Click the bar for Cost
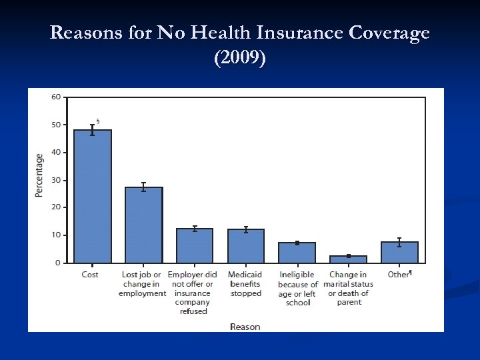pyautogui.click(x=92, y=197)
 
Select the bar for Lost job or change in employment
pyautogui.click(x=143, y=225)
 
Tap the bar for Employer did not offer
pyautogui.click(x=195, y=246)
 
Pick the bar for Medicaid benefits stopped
pyautogui.click(x=245, y=246)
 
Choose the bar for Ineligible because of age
pyautogui.click(x=297, y=253)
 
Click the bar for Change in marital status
pyautogui.click(x=348, y=259)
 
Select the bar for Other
pyautogui.click(x=399, y=253)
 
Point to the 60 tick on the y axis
pyautogui.click(x=56, y=97)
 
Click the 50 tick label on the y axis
pyautogui.click(x=56, y=125)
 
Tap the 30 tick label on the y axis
pyautogui.click(x=56, y=180)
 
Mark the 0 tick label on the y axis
pyautogui.click(x=58, y=263)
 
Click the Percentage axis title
pyautogui.click(x=39, y=175)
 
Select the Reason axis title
pyautogui.click(x=245, y=326)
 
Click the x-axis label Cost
pyautogui.click(x=90, y=275)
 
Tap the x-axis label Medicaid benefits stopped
pyautogui.click(x=245, y=284)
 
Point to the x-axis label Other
pyautogui.click(x=399, y=275)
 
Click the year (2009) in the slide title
pyautogui.click(x=239, y=58)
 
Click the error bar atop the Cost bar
pyautogui.click(x=92, y=130)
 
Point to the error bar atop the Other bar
pyautogui.click(x=399, y=242)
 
